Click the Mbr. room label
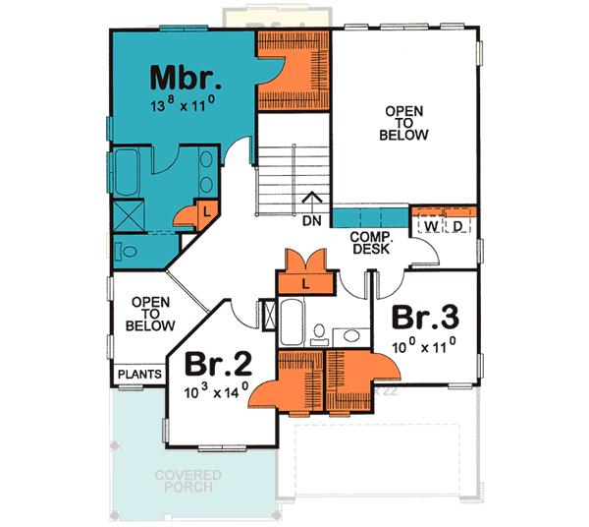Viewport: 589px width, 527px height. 185,77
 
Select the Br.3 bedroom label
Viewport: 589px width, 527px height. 424,320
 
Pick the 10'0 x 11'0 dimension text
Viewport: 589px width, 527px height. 424,346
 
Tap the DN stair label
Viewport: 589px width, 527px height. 312,220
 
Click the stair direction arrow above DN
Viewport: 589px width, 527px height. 312,200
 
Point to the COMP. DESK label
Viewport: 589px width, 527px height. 370,243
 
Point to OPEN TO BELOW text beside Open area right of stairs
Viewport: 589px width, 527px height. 403,124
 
